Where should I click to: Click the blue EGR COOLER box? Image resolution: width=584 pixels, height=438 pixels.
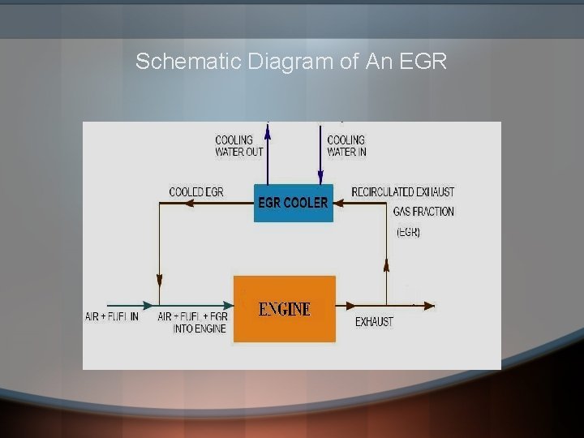click(x=293, y=202)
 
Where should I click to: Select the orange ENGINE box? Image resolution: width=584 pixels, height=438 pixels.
click(x=284, y=308)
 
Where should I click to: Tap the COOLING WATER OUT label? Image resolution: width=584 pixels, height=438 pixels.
click(x=238, y=146)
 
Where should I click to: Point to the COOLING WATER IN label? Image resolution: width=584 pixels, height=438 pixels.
click(x=346, y=146)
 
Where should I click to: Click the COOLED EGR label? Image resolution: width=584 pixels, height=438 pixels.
click(x=195, y=192)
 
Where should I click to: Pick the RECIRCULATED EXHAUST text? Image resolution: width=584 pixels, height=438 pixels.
click(x=402, y=192)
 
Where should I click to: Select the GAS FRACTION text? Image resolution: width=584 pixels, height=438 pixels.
click(x=423, y=212)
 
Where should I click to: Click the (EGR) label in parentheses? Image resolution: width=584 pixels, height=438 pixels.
click(x=408, y=232)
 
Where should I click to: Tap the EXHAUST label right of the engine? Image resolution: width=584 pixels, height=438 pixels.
click(x=374, y=322)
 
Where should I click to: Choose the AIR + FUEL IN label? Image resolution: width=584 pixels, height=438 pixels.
click(x=111, y=316)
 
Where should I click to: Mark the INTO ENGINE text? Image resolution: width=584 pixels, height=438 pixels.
click(x=200, y=328)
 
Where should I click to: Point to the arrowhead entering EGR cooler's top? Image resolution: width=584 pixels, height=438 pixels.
click(x=320, y=178)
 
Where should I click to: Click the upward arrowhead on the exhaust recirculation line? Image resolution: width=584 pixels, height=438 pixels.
click(x=386, y=265)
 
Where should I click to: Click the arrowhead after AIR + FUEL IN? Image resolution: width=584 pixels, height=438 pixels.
click(x=147, y=306)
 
